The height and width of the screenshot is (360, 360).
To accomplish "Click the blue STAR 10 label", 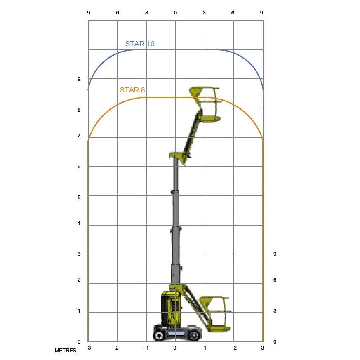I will click(140, 44).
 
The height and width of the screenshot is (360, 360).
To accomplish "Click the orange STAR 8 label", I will click(132, 90).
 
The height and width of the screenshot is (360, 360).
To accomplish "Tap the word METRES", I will click(66, 351).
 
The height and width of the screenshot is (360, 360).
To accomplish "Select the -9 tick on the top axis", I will click(88, 13).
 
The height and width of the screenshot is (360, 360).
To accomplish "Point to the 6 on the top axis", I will click(233, 13).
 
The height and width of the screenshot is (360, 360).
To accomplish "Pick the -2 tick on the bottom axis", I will click(117, 348).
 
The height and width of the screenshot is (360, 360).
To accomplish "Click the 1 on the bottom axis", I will click(205, 348).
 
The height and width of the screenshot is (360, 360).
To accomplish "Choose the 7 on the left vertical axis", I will click(79, 136).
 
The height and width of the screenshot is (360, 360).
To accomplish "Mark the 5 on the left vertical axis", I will click(79, 197).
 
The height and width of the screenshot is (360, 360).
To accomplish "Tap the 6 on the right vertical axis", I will click(275, 280).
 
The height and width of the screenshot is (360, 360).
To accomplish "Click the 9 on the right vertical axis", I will click(275, 254).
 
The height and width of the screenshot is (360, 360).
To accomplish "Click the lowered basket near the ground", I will click(215, 314).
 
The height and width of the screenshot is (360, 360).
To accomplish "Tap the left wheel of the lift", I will click(159, 334).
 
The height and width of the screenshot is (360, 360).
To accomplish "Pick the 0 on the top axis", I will click(175, 13).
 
